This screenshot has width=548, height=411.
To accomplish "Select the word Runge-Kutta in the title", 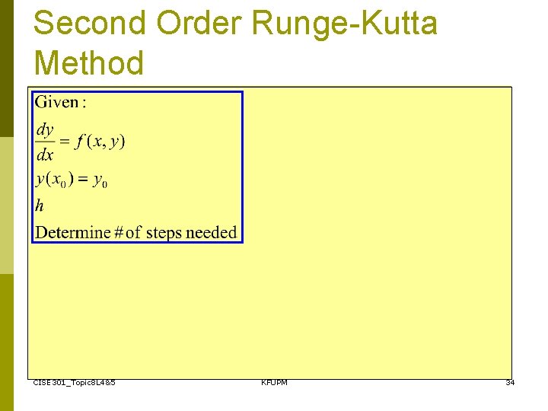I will tap(345, 23).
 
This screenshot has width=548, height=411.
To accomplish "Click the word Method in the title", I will tap(88, 62).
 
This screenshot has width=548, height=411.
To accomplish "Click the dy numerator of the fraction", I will tap(45, 129).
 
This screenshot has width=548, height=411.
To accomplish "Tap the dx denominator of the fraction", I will tap(45, 155).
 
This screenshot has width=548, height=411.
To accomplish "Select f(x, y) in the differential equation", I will tap(100, 142).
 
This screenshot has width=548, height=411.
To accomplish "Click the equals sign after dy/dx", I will tap(65, 142).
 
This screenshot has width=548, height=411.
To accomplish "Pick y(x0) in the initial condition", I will tap(53, 180).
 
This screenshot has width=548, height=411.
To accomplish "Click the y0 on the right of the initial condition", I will tap(100, 181).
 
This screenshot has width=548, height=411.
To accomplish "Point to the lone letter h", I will tap(40, 205).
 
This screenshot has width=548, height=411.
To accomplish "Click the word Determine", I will tap(73, 232).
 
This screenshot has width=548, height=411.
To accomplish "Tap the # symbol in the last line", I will tap(118, 232).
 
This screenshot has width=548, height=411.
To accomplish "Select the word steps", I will tap(165, 232).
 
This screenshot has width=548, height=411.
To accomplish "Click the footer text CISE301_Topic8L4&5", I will tap(75, 382).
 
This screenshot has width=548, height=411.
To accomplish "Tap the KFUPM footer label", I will tap(274, 382).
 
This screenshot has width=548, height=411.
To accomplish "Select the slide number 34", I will tap(510, 382).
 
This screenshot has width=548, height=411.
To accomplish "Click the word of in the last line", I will tap(133, 232).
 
